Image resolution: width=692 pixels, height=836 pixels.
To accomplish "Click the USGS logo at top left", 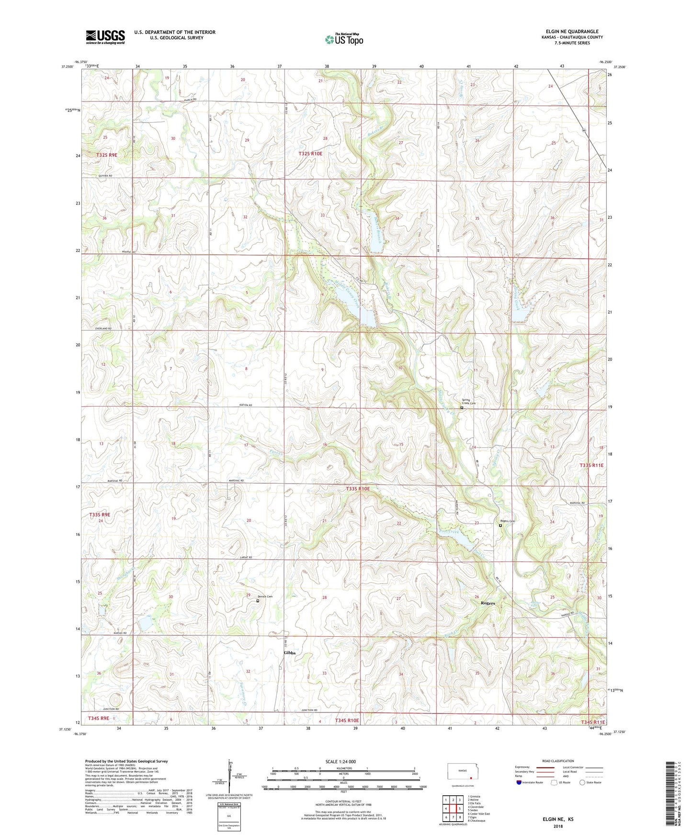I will tap(105, 37).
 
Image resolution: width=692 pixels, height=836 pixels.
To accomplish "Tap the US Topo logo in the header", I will tap(343, 39).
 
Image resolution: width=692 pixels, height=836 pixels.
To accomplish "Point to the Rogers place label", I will tap(488, 603).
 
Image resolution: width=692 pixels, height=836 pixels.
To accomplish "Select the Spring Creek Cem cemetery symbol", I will tap(462, 408).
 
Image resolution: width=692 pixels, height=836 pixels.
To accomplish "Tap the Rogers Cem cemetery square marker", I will tap(500, 525).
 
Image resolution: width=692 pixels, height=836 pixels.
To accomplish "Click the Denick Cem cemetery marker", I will tap(258, 600).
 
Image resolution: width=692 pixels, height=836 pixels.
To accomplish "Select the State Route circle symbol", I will tap(582, 782).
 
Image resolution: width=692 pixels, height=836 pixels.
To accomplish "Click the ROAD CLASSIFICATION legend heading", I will tap(558, 761).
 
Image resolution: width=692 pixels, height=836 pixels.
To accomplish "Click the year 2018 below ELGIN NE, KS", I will tap(558, 826).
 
